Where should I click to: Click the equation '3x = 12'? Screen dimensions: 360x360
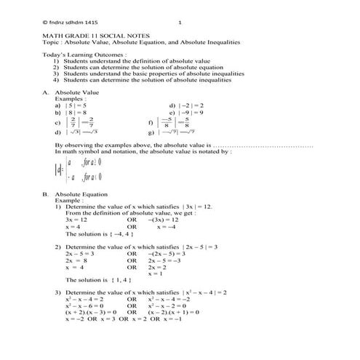76,219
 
